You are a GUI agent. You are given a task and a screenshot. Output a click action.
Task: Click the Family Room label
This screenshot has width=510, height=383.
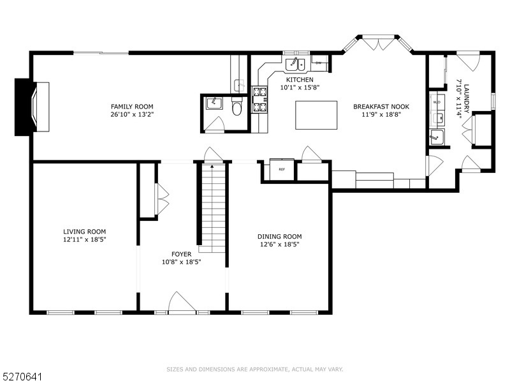point(132,107)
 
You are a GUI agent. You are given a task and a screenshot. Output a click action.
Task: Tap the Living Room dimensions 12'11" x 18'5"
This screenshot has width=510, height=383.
point(84,239)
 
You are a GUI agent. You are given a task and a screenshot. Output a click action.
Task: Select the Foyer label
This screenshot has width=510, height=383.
point(182,253)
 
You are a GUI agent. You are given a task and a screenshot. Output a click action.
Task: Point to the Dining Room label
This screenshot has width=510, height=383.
point(279,236)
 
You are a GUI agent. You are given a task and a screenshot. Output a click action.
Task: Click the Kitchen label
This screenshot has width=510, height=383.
point(299,79)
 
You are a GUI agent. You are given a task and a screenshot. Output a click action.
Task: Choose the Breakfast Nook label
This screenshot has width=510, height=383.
point(381,107)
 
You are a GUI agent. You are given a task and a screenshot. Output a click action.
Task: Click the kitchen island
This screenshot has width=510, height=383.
point(316,115)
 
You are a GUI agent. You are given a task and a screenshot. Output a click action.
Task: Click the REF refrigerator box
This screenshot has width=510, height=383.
point(281,169)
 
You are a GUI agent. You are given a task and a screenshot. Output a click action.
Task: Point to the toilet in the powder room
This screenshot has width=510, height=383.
point(237,109)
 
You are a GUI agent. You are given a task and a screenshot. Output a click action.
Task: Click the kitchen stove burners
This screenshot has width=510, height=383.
point(259,100)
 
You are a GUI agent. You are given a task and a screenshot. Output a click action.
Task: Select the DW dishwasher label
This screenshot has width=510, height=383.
point(318,63)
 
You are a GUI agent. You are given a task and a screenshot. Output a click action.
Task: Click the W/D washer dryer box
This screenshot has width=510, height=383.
point(437,102)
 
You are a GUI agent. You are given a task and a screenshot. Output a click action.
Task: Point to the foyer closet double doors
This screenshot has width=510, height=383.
point(162,199)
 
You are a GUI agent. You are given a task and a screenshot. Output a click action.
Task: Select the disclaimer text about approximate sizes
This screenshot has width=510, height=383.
point(255,369)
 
